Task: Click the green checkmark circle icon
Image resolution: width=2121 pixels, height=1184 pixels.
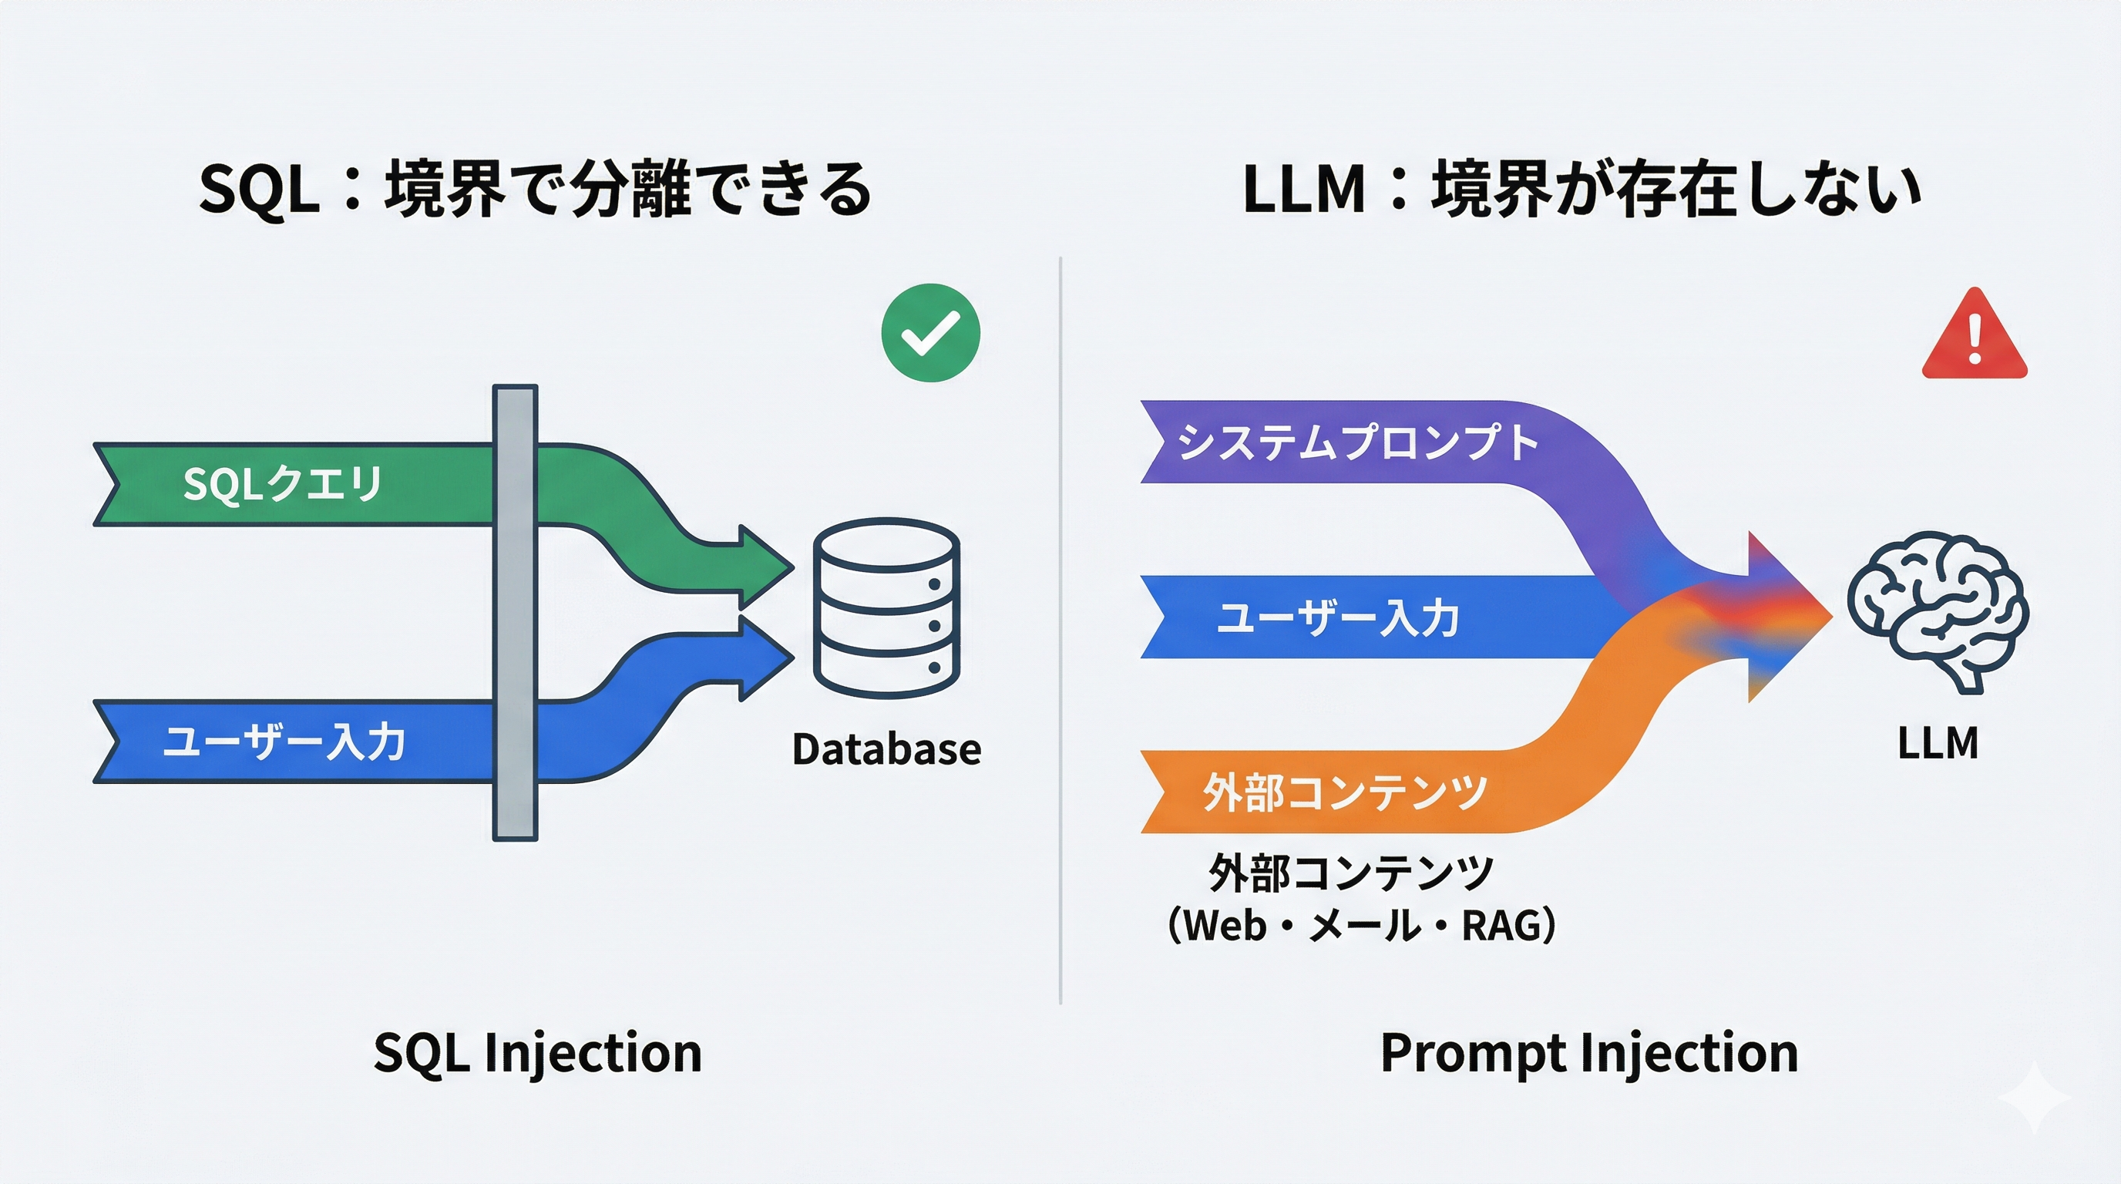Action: click(x=930, y=333)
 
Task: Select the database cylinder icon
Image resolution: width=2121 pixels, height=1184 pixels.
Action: click(x=887, y=607)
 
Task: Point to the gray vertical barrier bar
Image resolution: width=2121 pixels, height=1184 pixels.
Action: click(x=516, y=613)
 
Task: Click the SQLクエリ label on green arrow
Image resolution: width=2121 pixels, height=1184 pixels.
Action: click(x=282, y=483)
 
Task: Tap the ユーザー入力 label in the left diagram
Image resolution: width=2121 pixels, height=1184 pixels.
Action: click(x=284, y=741)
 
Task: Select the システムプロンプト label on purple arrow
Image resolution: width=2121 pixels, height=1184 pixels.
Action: click(x=1357, y=442)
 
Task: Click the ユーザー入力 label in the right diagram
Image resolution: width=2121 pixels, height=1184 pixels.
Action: click(x=1338, y=617)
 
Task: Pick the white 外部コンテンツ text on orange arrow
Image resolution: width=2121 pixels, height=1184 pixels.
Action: click(x=1345, y=792)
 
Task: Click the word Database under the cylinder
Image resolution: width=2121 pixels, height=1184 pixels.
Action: click(x=886, y=749)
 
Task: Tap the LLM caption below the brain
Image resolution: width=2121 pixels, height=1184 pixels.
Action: click(x=1938, y=744)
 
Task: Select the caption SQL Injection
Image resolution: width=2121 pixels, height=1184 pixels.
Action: click(x=538, y=1053)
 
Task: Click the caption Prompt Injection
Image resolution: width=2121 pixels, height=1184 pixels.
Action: click(x=1589, y=1053)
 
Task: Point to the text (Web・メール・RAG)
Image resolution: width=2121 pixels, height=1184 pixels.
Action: click(x=1361, y=926)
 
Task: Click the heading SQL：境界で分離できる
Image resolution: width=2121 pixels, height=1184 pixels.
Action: click(x=535, y=190)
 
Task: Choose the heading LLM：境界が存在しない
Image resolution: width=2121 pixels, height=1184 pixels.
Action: click(x=1581, y=190)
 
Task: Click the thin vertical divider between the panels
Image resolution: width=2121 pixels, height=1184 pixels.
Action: click(x=1060, y=630)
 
